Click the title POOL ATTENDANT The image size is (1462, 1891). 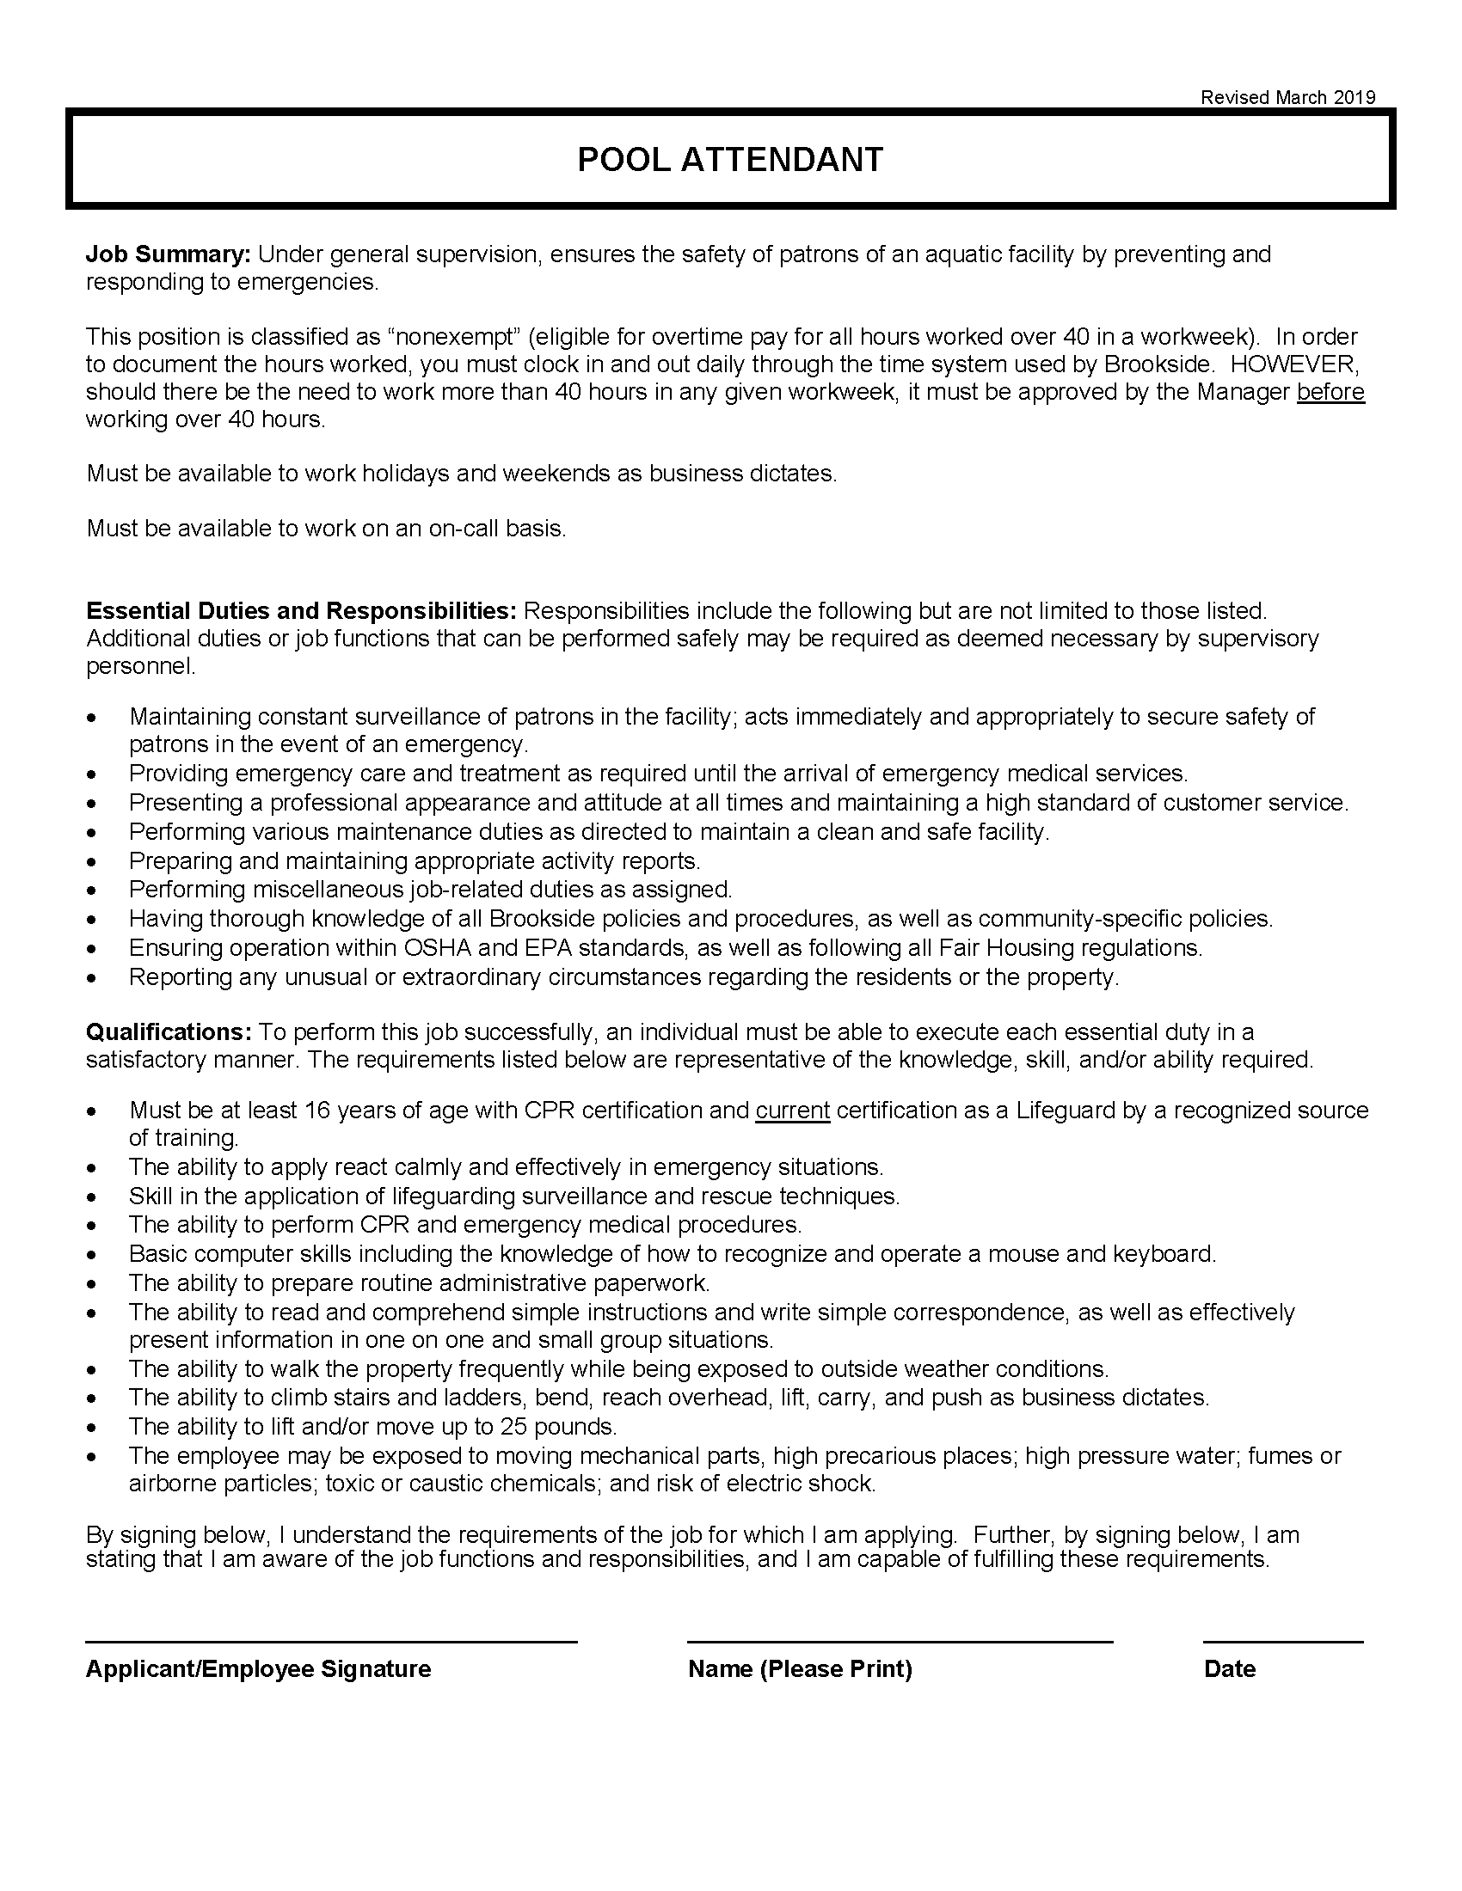(x=730, y=159)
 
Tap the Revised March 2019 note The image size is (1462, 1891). (x=1287, y=98)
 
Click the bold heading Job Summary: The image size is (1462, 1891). (x=168, y=254)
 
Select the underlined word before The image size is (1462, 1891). (x=1330, y=392)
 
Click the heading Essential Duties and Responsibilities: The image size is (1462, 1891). (x=301, y=611)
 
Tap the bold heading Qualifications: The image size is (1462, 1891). (x=168, y=1032)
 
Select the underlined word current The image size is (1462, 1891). (x=793, y=1110)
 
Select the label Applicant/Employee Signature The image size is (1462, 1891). (x=258, y=1669)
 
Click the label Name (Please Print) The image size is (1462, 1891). (x=801, y=1669)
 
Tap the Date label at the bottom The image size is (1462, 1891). (x=1229, y=1669)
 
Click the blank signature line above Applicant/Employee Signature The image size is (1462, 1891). (x=331, y=1641)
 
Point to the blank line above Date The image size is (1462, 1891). (x=1283, y=1641)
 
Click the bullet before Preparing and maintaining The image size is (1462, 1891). (x=92, y=862)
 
